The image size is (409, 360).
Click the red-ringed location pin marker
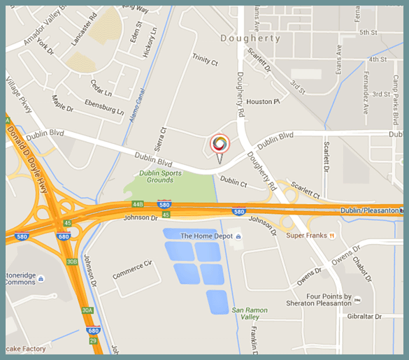point(220,145)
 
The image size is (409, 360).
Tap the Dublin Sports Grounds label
point(156,176)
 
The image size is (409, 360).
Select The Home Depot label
point(206,236)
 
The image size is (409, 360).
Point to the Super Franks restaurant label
point(308,236)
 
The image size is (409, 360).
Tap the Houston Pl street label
point(263,102)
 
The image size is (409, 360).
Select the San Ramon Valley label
point(246,312)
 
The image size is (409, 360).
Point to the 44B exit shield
point(137,204)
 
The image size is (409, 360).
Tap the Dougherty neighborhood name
point(250,38)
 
